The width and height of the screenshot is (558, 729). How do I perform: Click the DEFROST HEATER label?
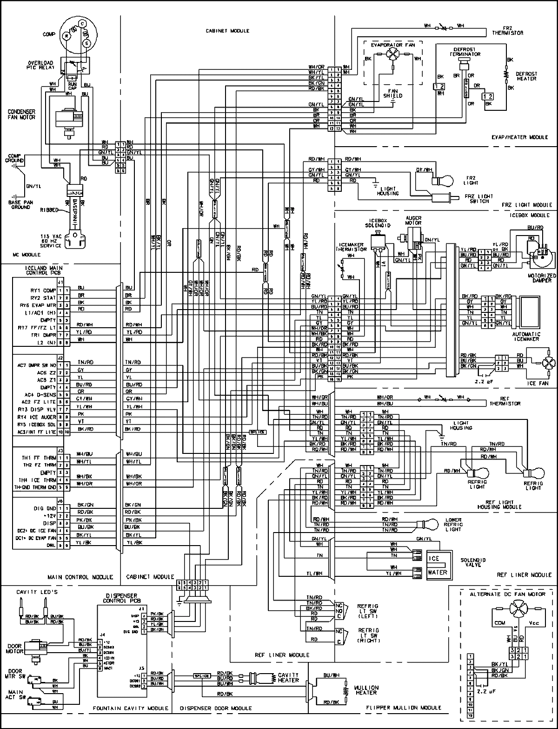coord(526,76)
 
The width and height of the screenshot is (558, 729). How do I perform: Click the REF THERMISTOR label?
coord(505,401)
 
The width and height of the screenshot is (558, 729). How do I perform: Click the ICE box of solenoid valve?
coord(439,558)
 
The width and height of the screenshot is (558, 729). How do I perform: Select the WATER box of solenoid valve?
coord(439,572)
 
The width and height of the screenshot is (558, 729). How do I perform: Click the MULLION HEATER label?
coord(366,690)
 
